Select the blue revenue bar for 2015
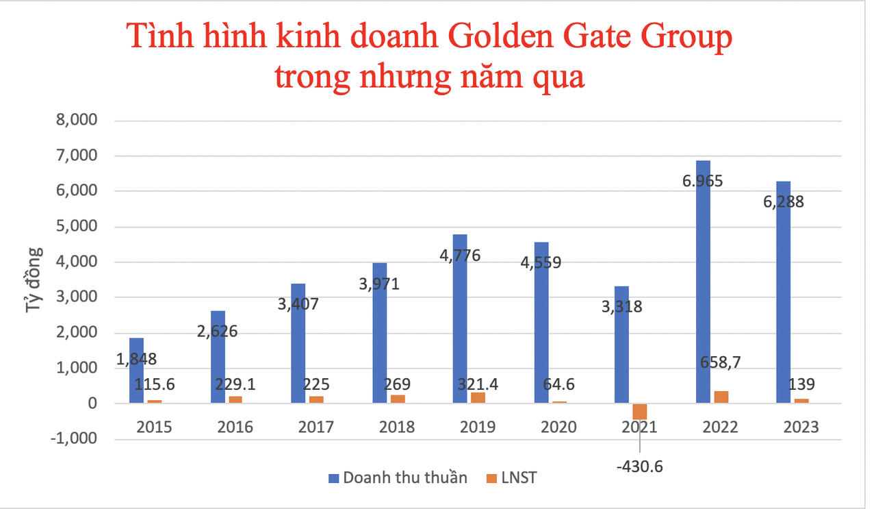[136, 371]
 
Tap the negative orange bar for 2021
[640, 411]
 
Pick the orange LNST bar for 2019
[477, 398]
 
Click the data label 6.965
[702, 181]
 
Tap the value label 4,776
[459, 256]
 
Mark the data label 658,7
[723, 362]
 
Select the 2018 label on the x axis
[397, 427]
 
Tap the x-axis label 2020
[558, 427]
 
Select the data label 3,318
[621, 306]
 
